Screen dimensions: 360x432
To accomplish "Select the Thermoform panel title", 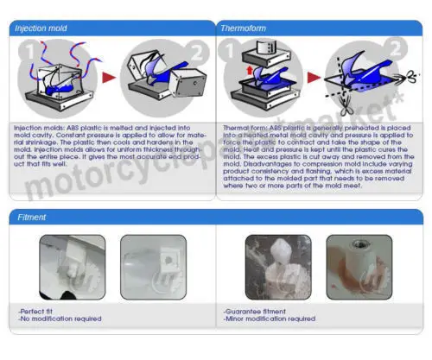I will (245, 28).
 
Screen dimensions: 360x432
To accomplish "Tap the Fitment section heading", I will (32, 217).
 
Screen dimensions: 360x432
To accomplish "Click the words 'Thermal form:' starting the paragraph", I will (242, 126).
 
